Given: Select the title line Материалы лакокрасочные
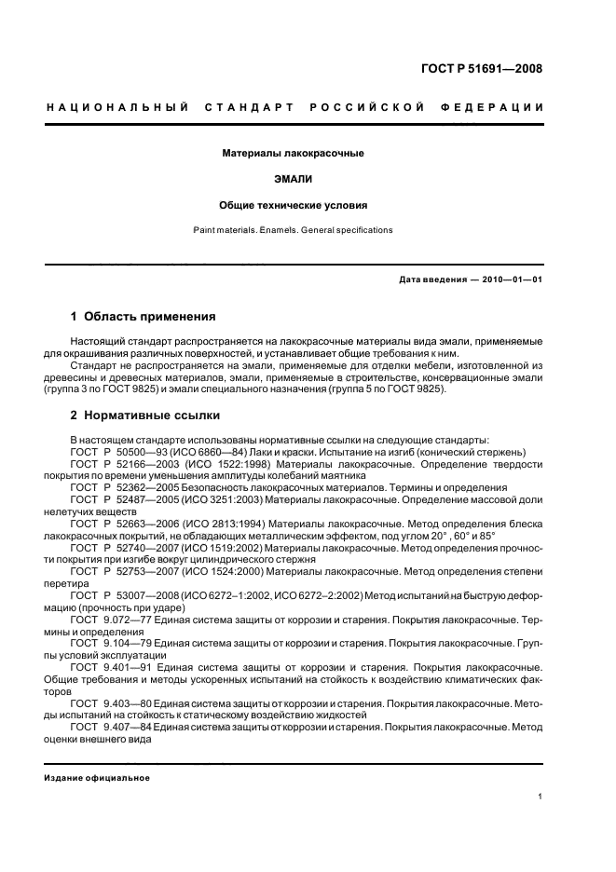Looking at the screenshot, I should click(293, 152).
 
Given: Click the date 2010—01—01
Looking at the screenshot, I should click(512, 280).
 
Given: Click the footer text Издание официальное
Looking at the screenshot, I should click(97, 778).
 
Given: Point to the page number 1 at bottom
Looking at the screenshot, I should click(541, 797).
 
